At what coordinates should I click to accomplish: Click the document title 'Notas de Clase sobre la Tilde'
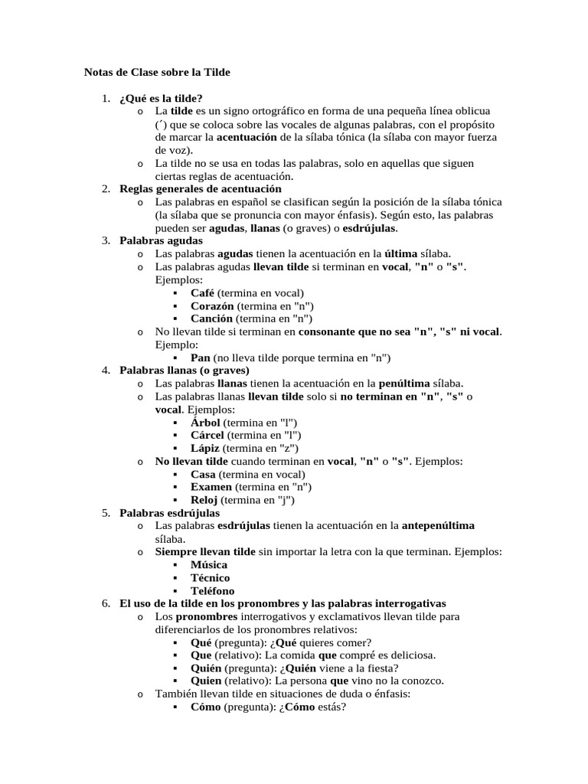(x=156, y=72)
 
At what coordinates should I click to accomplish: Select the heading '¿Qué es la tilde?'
(x=161, y=99)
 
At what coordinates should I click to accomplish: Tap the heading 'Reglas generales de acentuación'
(x=201, y=188)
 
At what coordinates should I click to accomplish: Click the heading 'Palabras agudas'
(x=155, y=240)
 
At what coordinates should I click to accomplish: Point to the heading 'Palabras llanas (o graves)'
(x=185, y=370)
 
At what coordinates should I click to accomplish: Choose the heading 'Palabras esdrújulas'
(x=169, y=512)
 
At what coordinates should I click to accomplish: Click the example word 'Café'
(x=202, y=292)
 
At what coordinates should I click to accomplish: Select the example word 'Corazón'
(x=212, y=305)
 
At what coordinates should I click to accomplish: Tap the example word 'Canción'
(x=211, y=318)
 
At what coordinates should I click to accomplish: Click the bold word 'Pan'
(x=200, y=357)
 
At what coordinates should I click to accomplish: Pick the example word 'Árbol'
(x=205, y=422)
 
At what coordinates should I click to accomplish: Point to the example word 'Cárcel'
(x=207, y=435)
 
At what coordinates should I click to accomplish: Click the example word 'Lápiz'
(x=205, y=448)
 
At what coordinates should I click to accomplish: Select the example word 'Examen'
(x=210, y=487)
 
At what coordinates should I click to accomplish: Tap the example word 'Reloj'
(x=204, y=500)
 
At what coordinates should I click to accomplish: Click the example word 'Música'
(x=209, y=564)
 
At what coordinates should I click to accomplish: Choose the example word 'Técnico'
(x=210, y=577)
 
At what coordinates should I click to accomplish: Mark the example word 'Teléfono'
(x=213, y=590)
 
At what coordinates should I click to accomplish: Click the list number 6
(x=106, y=603)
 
